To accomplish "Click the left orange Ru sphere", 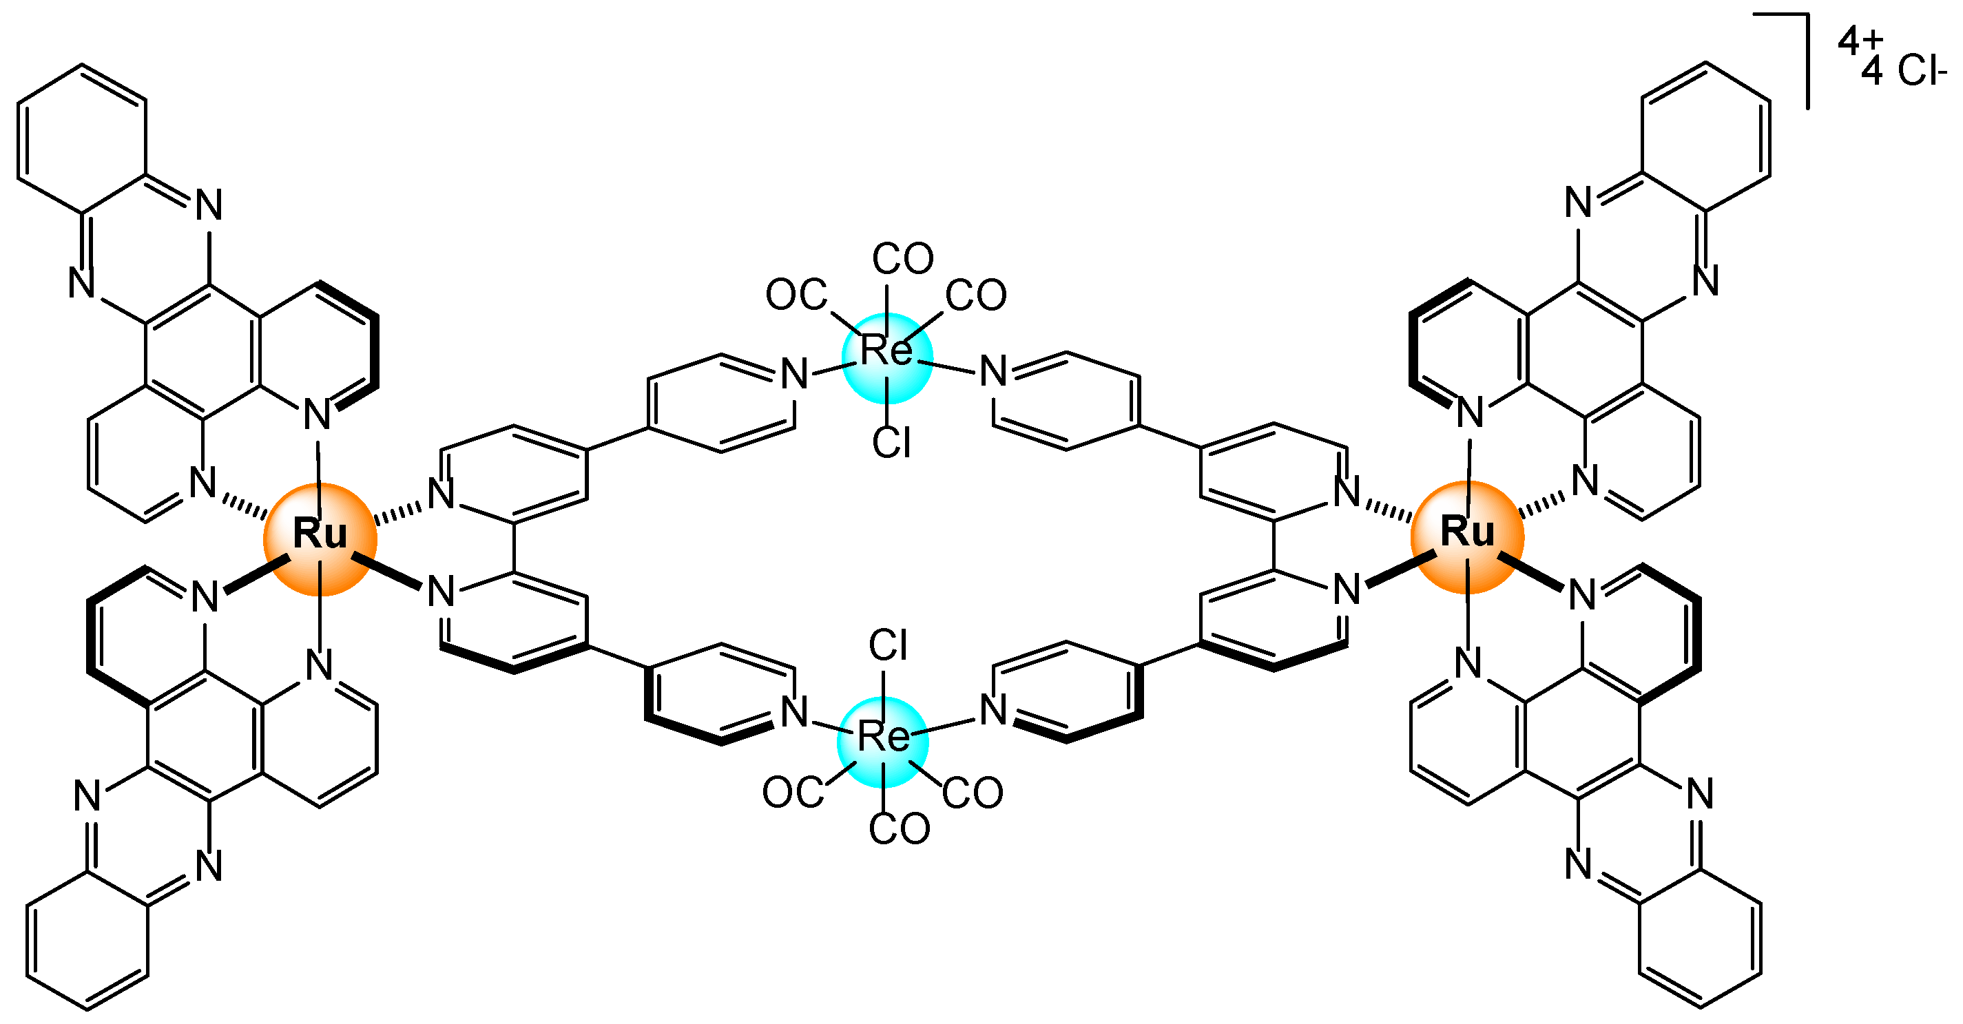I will [320, 539].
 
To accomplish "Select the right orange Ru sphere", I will [1467, 536].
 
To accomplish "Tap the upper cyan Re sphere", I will [887, 357].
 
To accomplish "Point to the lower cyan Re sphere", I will [882, 742].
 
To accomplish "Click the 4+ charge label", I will [1860, 41].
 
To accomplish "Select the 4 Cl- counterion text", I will [1903, 72].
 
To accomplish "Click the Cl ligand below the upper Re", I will [891, 443].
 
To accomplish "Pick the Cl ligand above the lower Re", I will [888, 646].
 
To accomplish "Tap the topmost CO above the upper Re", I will [903, 259].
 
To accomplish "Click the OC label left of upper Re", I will [796, 295].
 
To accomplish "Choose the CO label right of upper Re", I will [976, 295].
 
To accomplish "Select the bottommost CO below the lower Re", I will [900, 829].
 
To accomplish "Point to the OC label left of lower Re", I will [793, 793].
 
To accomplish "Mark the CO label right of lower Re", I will [973, 793].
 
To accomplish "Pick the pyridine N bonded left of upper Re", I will [794, 374].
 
